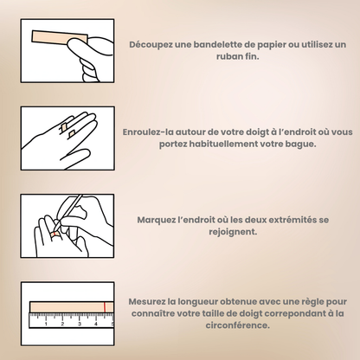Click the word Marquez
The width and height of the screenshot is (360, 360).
click(156, 220)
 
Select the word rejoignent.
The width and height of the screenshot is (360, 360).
click(233, 232)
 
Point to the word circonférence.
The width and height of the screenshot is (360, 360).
click(238, 325)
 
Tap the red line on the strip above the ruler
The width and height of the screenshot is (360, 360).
click(105, 307)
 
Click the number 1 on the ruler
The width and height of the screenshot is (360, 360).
click(46, 325)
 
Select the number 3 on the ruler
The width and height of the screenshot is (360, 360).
click(80, 325)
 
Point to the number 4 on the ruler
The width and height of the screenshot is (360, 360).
click(96, 325)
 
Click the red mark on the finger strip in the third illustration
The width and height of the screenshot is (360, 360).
click(54, 234)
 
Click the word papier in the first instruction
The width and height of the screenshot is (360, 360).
click(272, 45)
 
